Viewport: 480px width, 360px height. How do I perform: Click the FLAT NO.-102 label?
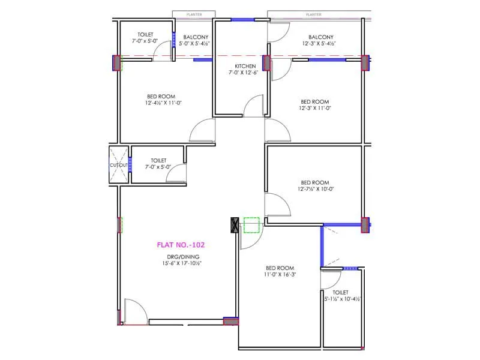click(177, 245)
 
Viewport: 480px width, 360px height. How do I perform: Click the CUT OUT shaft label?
click(119, 165)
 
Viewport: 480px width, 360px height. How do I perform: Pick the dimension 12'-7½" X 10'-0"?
click(315, 189)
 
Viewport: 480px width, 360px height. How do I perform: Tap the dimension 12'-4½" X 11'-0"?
click(163, 103)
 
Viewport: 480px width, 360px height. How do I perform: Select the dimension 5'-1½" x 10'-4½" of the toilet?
click(343, 299)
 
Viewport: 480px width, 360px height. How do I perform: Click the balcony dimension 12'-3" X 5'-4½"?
click(319, 44)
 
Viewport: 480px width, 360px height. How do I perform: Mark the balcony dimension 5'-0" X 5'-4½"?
click(196, 44)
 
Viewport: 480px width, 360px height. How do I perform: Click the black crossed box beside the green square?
click(235, 225)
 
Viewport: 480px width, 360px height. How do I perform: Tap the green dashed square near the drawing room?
click(251, 224)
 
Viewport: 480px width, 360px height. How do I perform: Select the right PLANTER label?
click(313, 13)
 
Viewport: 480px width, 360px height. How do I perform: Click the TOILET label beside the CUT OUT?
click(158, 160)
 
